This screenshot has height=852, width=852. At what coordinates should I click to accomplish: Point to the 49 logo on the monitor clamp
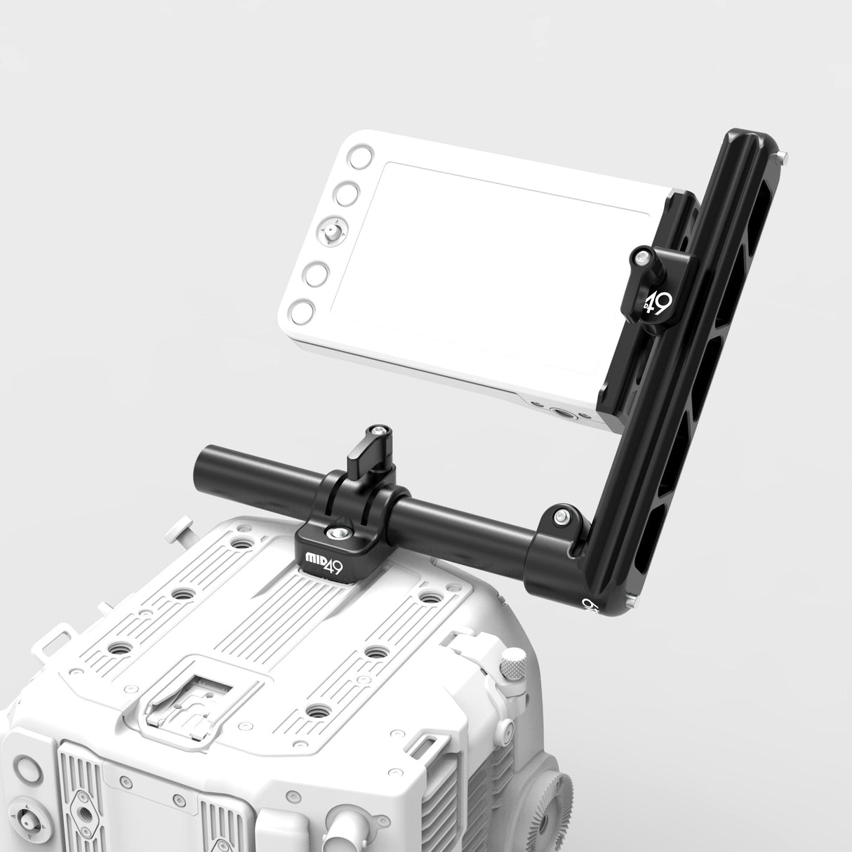click(658, 303)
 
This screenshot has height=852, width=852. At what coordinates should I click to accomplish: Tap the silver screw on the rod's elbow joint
click(561, 517)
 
